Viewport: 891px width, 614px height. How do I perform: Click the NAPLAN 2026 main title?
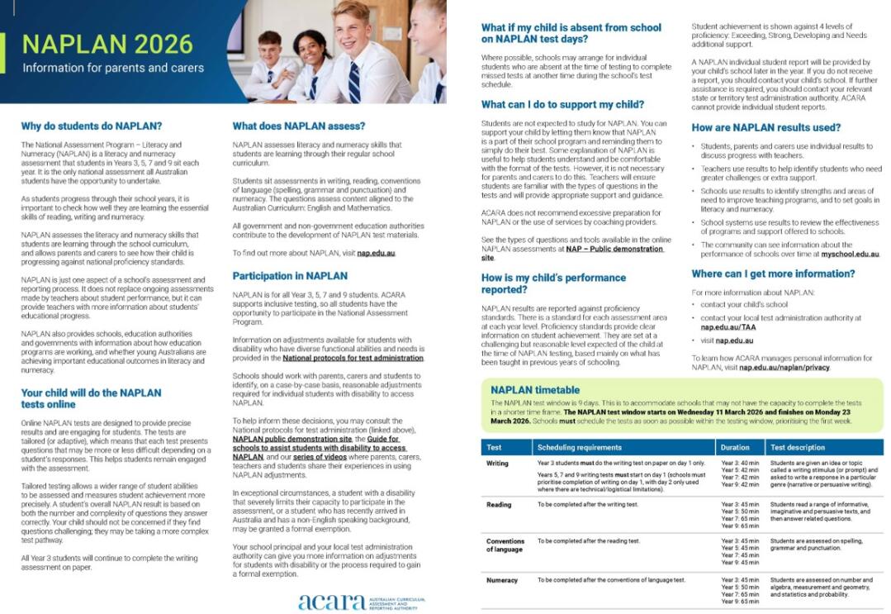point(107,43)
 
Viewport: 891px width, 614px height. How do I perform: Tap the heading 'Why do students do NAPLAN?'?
point(92,126)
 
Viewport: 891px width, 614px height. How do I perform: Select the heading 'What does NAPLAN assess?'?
point(298,126)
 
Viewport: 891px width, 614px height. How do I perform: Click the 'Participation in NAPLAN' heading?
point(290,275)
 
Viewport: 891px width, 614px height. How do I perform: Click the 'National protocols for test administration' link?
point(353,358)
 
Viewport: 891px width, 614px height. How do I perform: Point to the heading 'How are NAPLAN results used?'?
point(765,128)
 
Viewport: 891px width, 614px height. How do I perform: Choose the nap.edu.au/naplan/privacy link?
point(784,367)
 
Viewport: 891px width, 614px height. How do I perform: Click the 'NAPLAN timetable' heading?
point(534,390)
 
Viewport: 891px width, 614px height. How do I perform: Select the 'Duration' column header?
point(735,447)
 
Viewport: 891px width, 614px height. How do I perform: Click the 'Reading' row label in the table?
point(499,504)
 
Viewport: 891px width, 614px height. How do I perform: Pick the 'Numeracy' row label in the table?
point(502,580)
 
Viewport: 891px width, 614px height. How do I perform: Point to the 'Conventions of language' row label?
point(504,545)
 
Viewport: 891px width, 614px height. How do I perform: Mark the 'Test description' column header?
point(797,447)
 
